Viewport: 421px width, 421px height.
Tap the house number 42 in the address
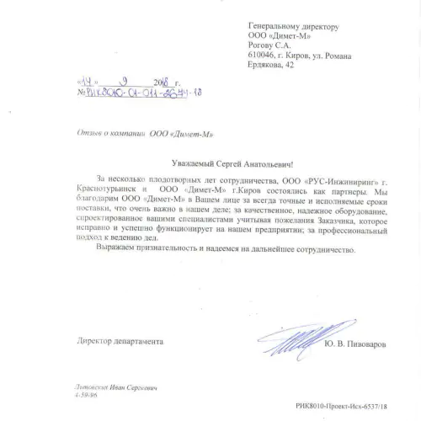coord(290,65)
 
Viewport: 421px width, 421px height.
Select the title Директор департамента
coord(120,340)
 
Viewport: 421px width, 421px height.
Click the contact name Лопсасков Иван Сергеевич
coord(115,387)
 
